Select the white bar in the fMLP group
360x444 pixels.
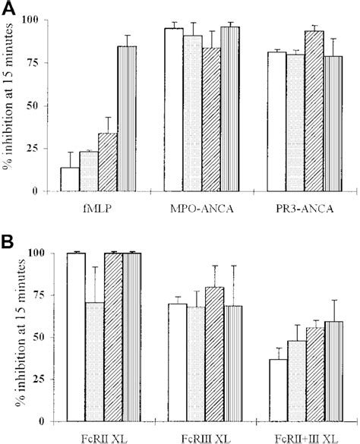pyautogui.click(x=70, y=179)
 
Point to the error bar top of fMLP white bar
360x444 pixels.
pyautogui.click(x=70, y=153)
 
